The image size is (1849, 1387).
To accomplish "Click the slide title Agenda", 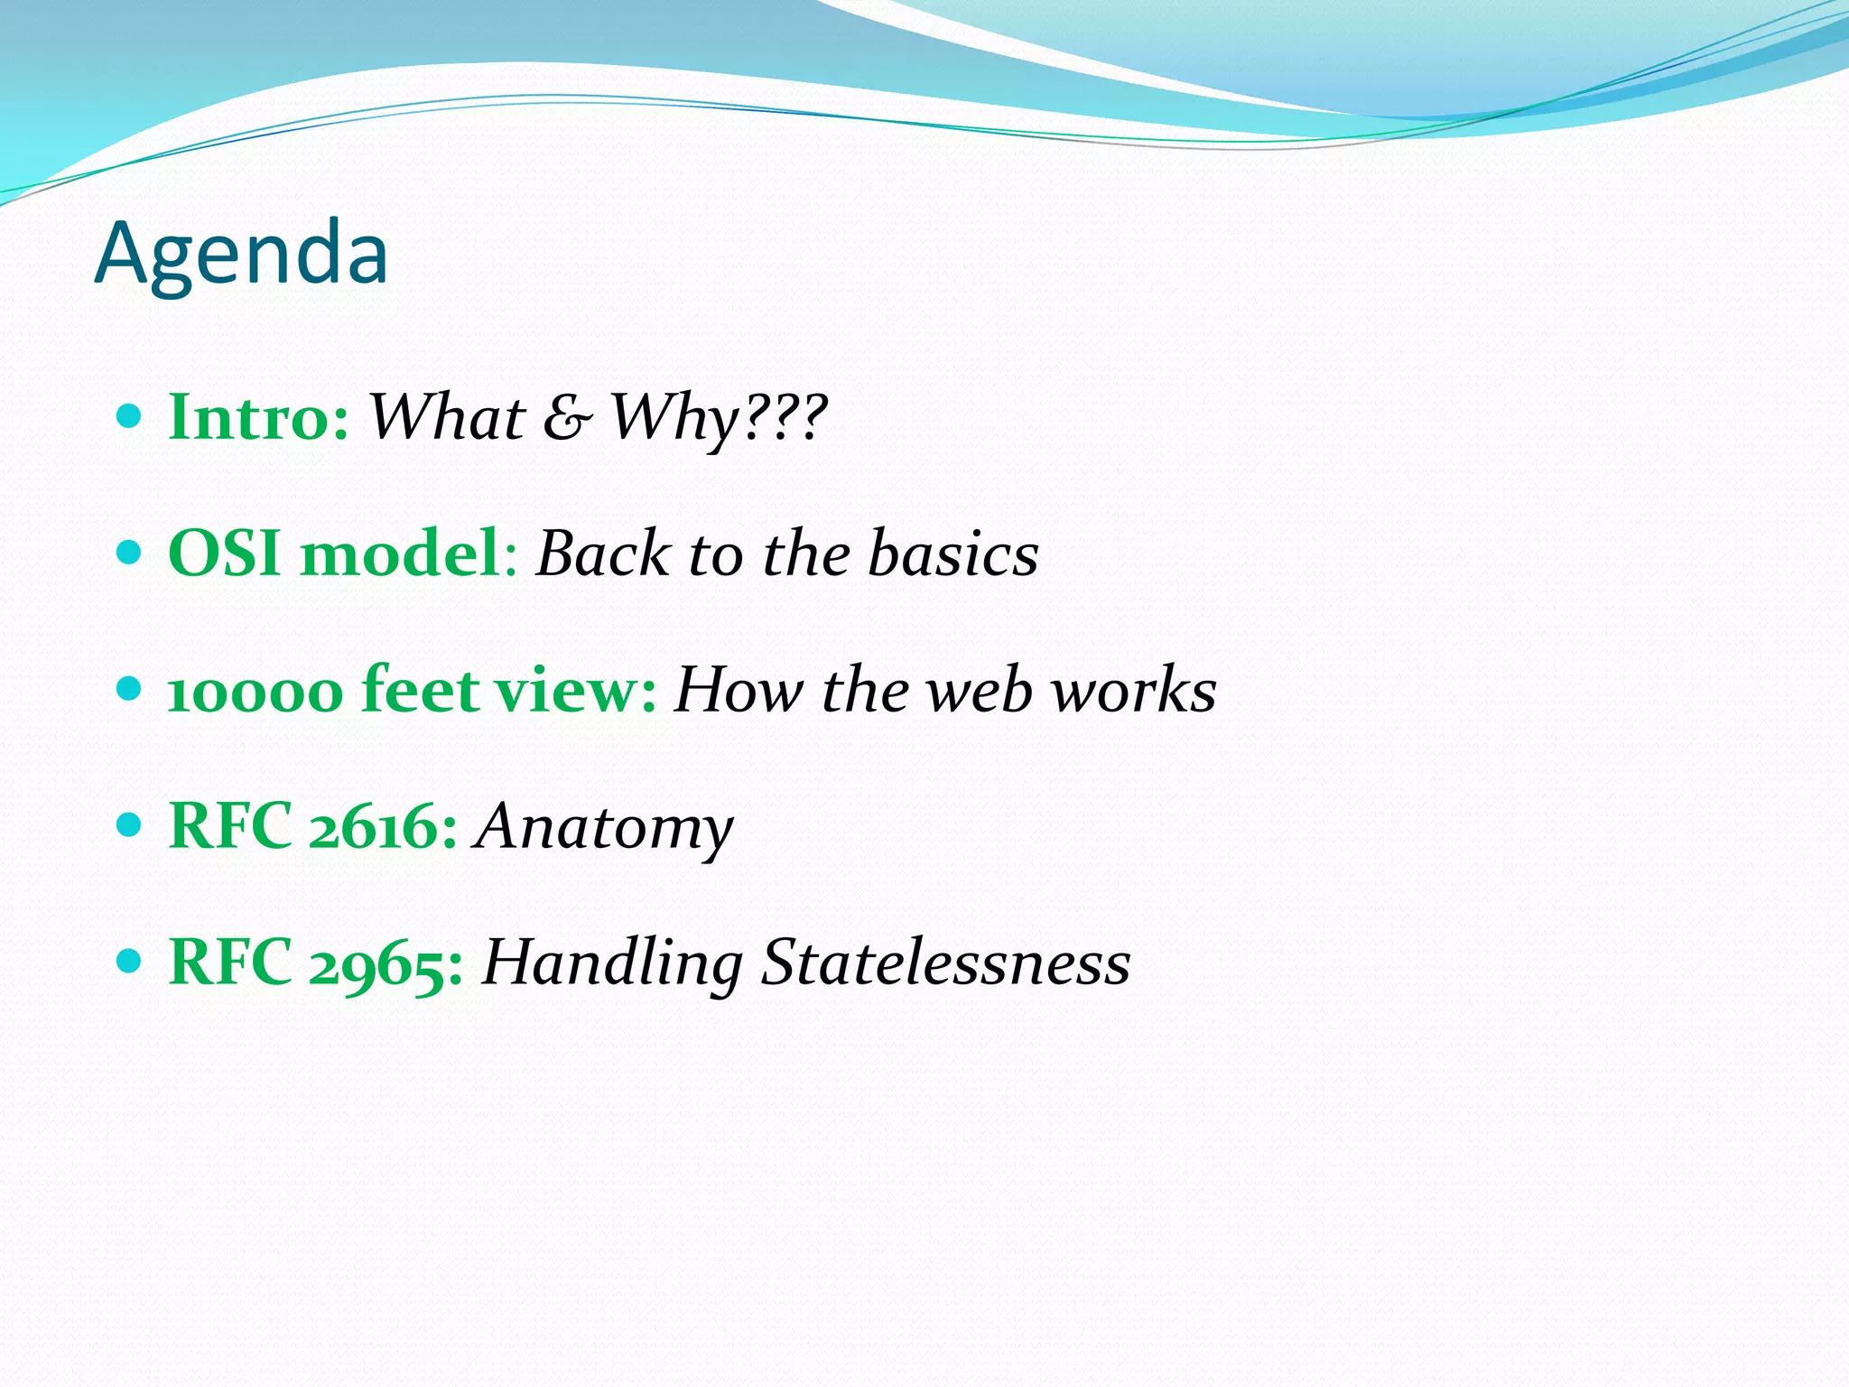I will click(241, 254).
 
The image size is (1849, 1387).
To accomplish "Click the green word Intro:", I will click(258, 418).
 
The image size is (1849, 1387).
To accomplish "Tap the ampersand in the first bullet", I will click(567, 418).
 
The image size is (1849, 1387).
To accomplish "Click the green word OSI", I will click(224, 554).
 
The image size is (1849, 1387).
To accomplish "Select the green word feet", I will click(420, 690).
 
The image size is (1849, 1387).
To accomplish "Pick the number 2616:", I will click(383, 827).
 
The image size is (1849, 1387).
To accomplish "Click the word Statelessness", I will click(945, 963).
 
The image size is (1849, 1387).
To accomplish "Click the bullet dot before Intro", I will click(130, 416).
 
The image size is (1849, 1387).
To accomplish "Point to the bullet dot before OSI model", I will click(130, 552).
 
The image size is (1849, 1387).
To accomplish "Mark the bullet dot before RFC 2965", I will click(130, 961).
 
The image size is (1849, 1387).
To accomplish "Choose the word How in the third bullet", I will click(739, 691).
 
